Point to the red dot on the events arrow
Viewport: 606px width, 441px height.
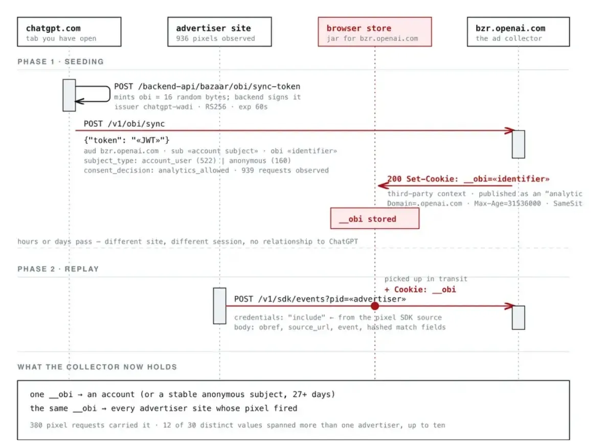[374, 306]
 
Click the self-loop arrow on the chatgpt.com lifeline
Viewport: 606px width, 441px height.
[110, 94]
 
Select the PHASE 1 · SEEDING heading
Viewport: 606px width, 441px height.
[61, 61]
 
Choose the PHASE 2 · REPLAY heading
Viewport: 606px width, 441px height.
[58, 269]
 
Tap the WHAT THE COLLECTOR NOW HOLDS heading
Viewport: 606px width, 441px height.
[97, 367]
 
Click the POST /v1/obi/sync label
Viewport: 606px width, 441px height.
[124, 124]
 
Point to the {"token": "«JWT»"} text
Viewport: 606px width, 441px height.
[127, 140]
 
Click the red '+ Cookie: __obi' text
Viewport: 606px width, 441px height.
[420, 290]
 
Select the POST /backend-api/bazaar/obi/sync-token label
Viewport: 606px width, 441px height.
[207, 86]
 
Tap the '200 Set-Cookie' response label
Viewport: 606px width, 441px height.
[468, 179]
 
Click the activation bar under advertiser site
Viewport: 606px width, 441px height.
[219, 306]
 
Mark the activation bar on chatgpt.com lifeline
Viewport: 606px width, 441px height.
[69, 95]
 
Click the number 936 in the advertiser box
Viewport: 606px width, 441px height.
[183, 38]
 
